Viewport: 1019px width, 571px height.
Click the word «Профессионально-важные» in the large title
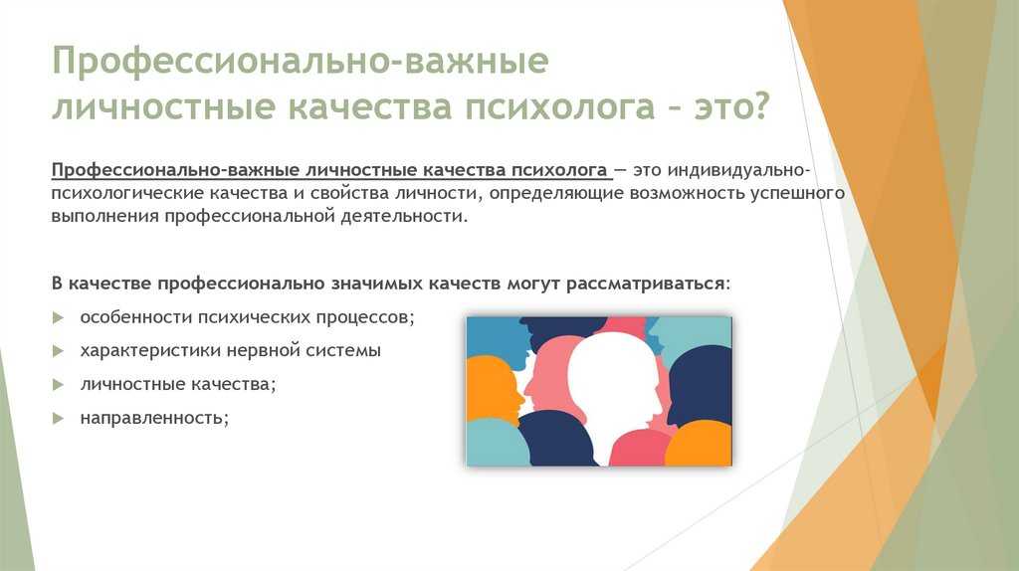[x=301, y=62]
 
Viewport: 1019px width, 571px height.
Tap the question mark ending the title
[x=758, y=105]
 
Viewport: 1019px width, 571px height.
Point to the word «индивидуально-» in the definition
[x=739, y=170]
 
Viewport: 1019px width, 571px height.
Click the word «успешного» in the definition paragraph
[x=797, y=194]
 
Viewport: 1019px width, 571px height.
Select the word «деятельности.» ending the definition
[x=404, y=216]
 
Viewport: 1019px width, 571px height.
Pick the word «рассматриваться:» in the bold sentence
[x=648, y=284]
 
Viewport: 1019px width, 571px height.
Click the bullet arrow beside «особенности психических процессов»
[x=59, y=317]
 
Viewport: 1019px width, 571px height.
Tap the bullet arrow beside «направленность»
[x=59, y=419]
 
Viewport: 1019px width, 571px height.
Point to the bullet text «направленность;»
[x=154, y=418]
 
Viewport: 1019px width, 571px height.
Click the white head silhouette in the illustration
[x=615, y=390]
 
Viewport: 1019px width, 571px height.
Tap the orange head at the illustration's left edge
[x=492, y=389]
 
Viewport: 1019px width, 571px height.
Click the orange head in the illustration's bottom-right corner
[x=700, y=445]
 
